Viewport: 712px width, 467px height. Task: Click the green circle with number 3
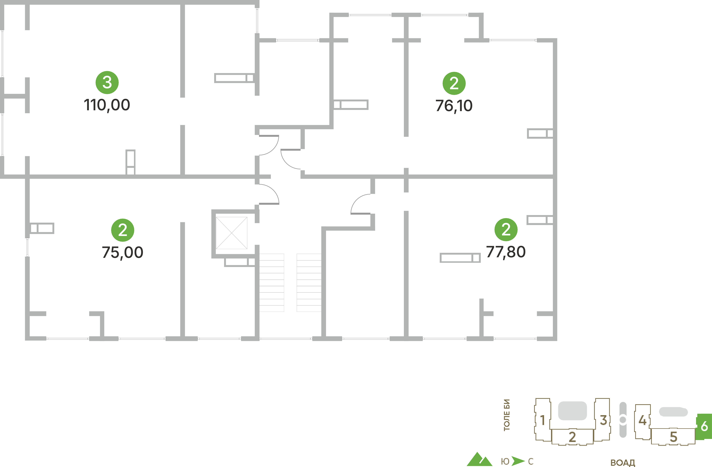point(107,82)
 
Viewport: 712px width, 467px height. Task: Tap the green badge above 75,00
point(123,230)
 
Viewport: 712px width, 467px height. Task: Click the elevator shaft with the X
point(232,233)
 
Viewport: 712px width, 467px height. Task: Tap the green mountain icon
point(480,459)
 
